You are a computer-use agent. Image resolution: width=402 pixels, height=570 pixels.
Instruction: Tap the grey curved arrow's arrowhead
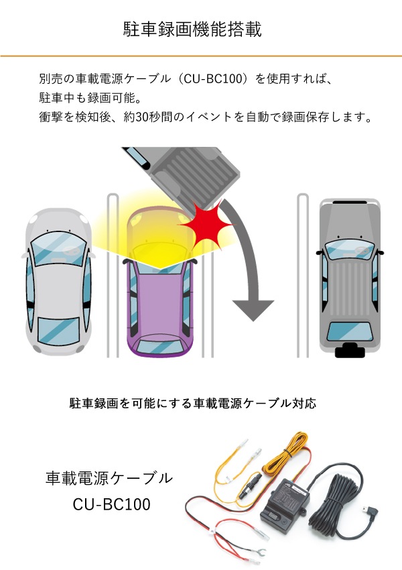253,309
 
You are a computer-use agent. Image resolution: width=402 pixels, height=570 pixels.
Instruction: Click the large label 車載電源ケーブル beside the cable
109,478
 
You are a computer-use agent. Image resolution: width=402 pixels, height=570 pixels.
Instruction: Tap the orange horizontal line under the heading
201,56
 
